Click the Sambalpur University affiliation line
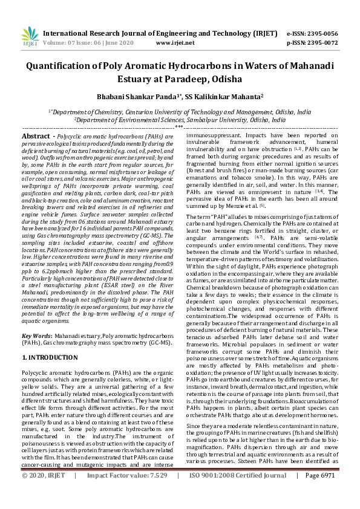[x=180, y=120]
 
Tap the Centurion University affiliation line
[x=180, y=112]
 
